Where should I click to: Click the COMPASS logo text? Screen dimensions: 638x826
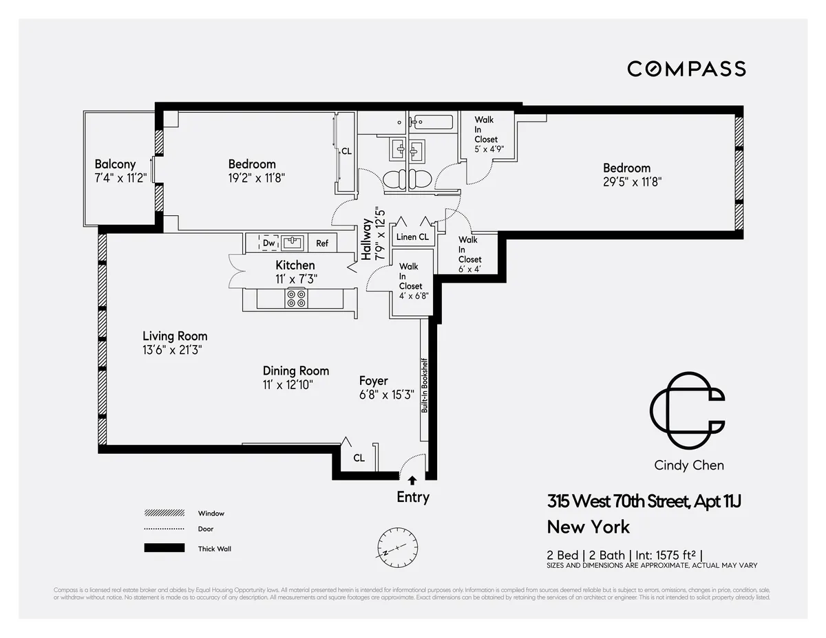tap(686, 69)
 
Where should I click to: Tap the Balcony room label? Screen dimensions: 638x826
tap(115, 164)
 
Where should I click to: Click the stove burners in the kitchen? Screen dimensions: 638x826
tap(297, 298)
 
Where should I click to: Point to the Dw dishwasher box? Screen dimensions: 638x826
tap(269, 243)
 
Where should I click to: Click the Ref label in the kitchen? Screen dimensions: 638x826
tap(322, 243)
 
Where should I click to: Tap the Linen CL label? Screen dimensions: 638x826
tap(412, 237)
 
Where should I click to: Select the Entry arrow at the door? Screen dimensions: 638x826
tap(412, 481)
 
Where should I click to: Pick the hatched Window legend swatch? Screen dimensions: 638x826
tap(165, 514)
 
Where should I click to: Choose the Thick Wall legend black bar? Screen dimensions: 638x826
tap(165, 548)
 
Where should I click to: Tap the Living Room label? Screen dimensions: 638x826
tap(175, 336)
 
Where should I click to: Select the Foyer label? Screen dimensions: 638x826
tap(374, 381)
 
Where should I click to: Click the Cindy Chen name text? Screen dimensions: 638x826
tap(688, 465)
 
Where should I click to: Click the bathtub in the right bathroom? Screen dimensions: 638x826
tap(432, 123)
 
